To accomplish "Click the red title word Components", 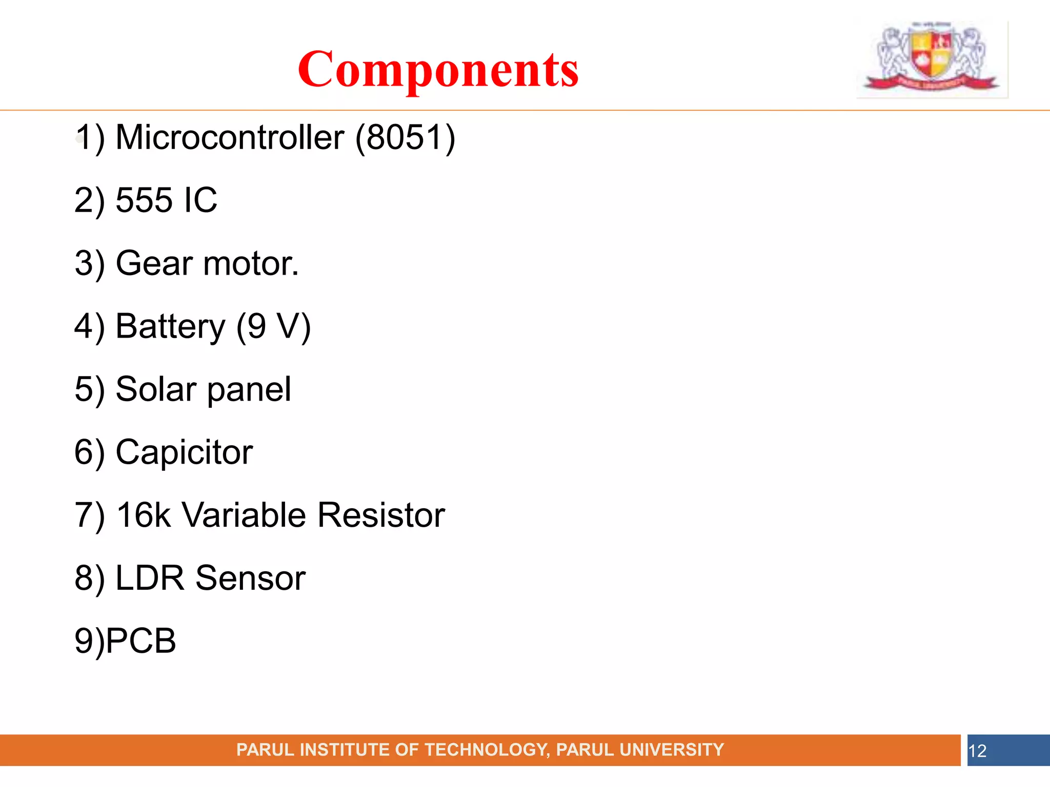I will (438, 70).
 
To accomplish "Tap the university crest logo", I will (932, 58).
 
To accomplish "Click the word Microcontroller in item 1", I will (230, 137).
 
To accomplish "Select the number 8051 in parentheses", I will (405, 137).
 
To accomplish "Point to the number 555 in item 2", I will (144, 200).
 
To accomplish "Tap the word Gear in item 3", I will (155, 263).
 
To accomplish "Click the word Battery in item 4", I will (170, 326).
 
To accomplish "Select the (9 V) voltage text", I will (273, 326).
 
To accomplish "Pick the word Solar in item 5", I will (156, 389).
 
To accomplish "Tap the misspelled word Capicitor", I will (184, 452).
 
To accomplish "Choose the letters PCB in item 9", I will (142, 640).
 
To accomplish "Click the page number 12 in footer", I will (977, 751).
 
